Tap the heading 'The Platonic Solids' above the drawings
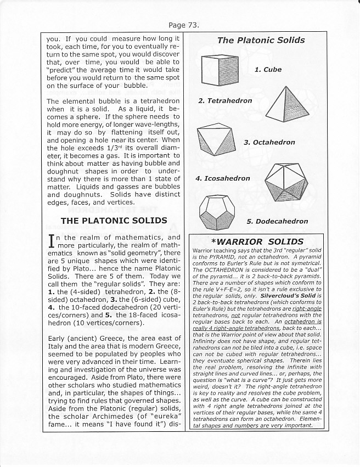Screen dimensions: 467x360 pos(261,40)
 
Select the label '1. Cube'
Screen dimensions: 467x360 pos(268,70)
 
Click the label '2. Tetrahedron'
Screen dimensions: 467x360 pos(225,101)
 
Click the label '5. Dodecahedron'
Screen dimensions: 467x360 pos(277,222)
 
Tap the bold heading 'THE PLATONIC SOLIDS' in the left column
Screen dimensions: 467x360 pos(114,221)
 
